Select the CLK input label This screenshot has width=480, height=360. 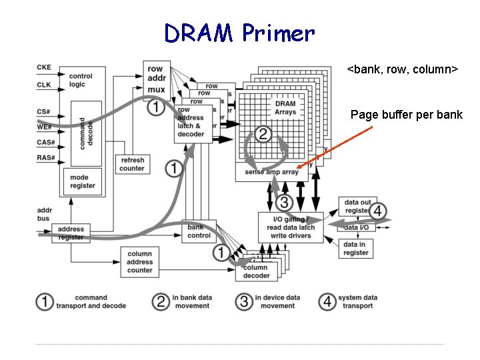pos(44,85)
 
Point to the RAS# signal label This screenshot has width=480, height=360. pos(45,158)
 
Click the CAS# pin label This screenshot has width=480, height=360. pos(45,142)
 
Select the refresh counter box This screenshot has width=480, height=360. pos(131,164)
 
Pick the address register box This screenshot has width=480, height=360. pos(71,233)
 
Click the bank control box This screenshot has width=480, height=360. pos(199,231)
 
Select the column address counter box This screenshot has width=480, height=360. pos(139,262)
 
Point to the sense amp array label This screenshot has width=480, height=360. pos(271,172)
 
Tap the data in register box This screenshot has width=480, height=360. pos(356,249)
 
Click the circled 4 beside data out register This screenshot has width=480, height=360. pos(378,211)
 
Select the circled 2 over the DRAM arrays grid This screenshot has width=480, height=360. pos(263,134)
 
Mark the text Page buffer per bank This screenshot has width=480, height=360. pos(406,115)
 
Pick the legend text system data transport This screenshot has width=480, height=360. pos(357,301)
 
